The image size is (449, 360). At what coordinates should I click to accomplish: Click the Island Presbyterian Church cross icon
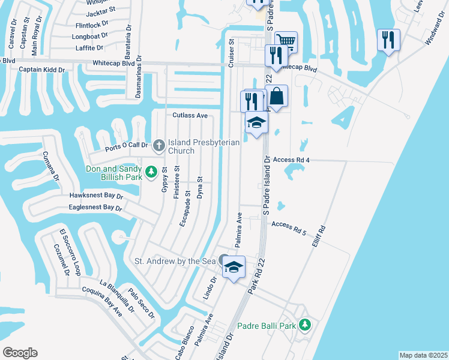point(158,144)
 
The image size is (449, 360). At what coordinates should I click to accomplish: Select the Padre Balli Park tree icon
point(306,325)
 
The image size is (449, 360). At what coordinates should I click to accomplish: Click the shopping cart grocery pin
point(286,42)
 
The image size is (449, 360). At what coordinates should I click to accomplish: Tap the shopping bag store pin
point(277,96)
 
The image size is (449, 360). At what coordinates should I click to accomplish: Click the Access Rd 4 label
point(291,160)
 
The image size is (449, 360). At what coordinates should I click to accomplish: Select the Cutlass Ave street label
point(190,115)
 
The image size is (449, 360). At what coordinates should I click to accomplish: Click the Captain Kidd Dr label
point(41,70)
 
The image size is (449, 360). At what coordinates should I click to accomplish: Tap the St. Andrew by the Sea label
point(174,261)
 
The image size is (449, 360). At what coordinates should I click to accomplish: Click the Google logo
point(20,353)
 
